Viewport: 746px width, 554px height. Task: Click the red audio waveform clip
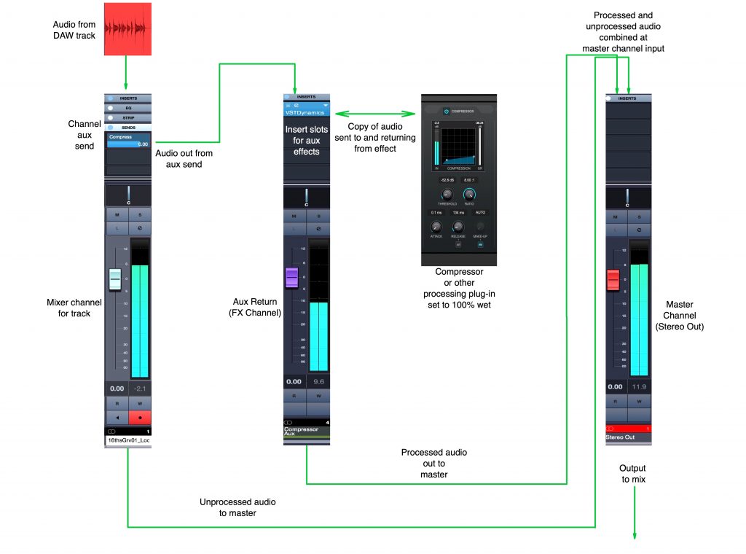coord(128,29)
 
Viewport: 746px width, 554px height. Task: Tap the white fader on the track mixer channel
coord(116,280)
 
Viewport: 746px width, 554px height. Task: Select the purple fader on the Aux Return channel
coord(292,278)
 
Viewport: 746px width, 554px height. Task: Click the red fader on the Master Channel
coord(613,279)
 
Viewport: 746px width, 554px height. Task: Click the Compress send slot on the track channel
coord(128,140)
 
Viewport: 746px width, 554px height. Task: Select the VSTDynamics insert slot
coord(306,113)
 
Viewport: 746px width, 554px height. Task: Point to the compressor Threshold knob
coord(447,195)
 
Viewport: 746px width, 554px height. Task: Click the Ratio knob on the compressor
coord(470,195)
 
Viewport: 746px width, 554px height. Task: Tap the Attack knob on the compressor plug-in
coord(437,227)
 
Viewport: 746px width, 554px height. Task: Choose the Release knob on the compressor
coord(458,227)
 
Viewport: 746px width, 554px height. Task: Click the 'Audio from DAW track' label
coord(74,30)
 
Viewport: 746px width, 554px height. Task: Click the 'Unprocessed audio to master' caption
coord(237,507)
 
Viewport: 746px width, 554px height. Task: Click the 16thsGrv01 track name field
coord(128,441)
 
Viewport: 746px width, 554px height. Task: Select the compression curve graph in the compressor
coord(459,142)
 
